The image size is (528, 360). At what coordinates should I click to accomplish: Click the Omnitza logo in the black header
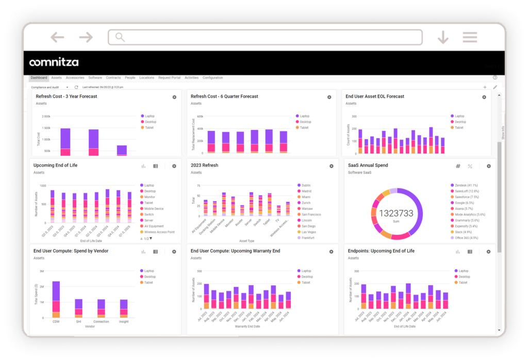(x=54, y=62)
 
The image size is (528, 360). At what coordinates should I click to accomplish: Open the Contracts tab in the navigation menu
(x=113, y=78)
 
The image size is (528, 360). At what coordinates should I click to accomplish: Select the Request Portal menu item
(x=169, y=78)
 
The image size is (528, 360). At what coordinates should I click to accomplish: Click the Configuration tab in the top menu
(x=212, y=78)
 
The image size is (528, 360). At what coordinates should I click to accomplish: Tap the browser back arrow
(x=57, y=37)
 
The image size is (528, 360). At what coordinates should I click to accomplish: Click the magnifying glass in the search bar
(x=120, y=37)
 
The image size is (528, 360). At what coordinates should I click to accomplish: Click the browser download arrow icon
(x=442, y=37)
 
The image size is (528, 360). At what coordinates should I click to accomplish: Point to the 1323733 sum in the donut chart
(x=397, y=213)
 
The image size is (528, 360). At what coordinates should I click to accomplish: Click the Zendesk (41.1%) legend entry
(x=466, y=185)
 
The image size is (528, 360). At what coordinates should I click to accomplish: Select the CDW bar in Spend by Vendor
(x=56, y=299)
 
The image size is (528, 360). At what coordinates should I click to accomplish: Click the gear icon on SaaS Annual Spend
(x=489, y=166)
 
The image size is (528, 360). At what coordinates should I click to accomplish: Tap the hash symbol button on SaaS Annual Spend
(x=458, y=166)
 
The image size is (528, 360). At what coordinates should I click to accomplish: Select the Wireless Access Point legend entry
(x=159, y=232)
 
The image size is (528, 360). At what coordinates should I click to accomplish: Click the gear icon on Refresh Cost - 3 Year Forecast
(x=174, y=97)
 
